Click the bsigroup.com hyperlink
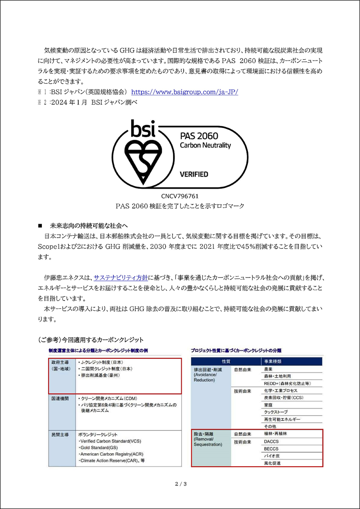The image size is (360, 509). [x=185, y=92]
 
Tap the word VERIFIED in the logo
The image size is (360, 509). [x=194, y=174]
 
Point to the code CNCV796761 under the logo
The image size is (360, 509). [x=180, y=196]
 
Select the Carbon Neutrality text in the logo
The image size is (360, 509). [x=205, y=145]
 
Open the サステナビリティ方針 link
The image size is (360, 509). [x=121, y=278]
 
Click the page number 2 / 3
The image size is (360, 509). [x=180, y=484]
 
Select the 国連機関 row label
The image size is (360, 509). [x=60, y=399]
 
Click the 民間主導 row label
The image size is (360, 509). [x=60, y=434]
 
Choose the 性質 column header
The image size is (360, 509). [x=226, y=361]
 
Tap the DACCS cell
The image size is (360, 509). [x=272, y=441]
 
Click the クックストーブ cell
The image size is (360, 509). [x=275, y=412]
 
